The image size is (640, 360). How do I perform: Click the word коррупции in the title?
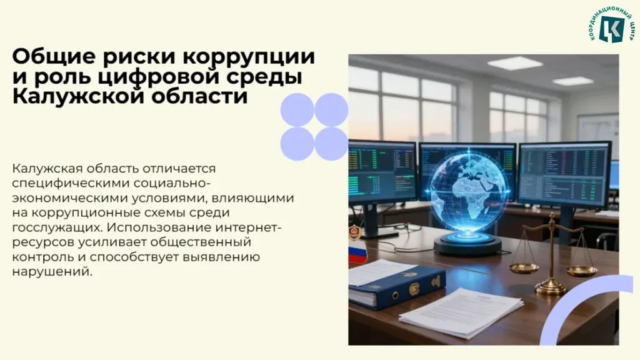(249, 57)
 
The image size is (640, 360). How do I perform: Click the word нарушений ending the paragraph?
(52, 272)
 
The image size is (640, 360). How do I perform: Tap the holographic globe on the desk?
(469, 187)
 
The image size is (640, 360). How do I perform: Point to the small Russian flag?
(357, 253)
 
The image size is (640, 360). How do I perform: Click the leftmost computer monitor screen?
(382, 172)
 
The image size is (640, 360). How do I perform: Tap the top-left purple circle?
(297, 110)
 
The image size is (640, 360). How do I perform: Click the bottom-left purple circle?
(297, 144)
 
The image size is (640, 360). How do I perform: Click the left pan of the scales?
(524, 267)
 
